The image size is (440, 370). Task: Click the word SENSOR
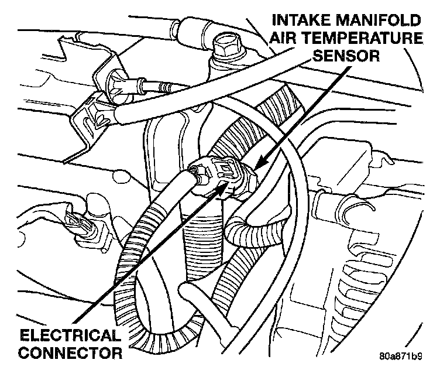tap(347, 57)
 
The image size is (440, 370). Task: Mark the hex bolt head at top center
tap(225, 43)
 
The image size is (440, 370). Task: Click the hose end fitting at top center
tap(187, 28)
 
